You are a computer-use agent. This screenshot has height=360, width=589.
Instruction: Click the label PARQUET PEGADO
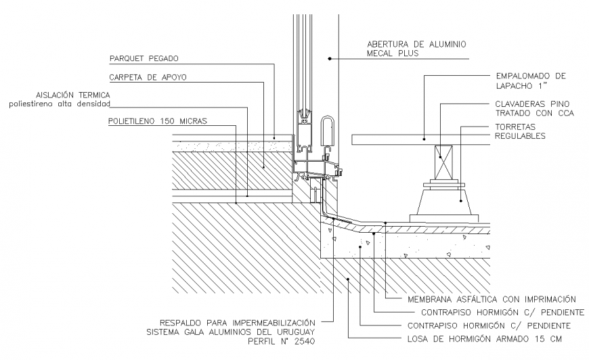click(x=143, y=58)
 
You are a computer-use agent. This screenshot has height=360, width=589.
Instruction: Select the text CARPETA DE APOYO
click(x=148, y=77)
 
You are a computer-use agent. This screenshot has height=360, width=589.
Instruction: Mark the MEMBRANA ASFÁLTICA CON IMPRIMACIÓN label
click(x=492, y=298)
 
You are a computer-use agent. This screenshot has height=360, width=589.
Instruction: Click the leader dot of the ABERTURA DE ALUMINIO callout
click(x=329, y=60)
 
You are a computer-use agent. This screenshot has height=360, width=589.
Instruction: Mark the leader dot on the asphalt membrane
click(x=385, y=223)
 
